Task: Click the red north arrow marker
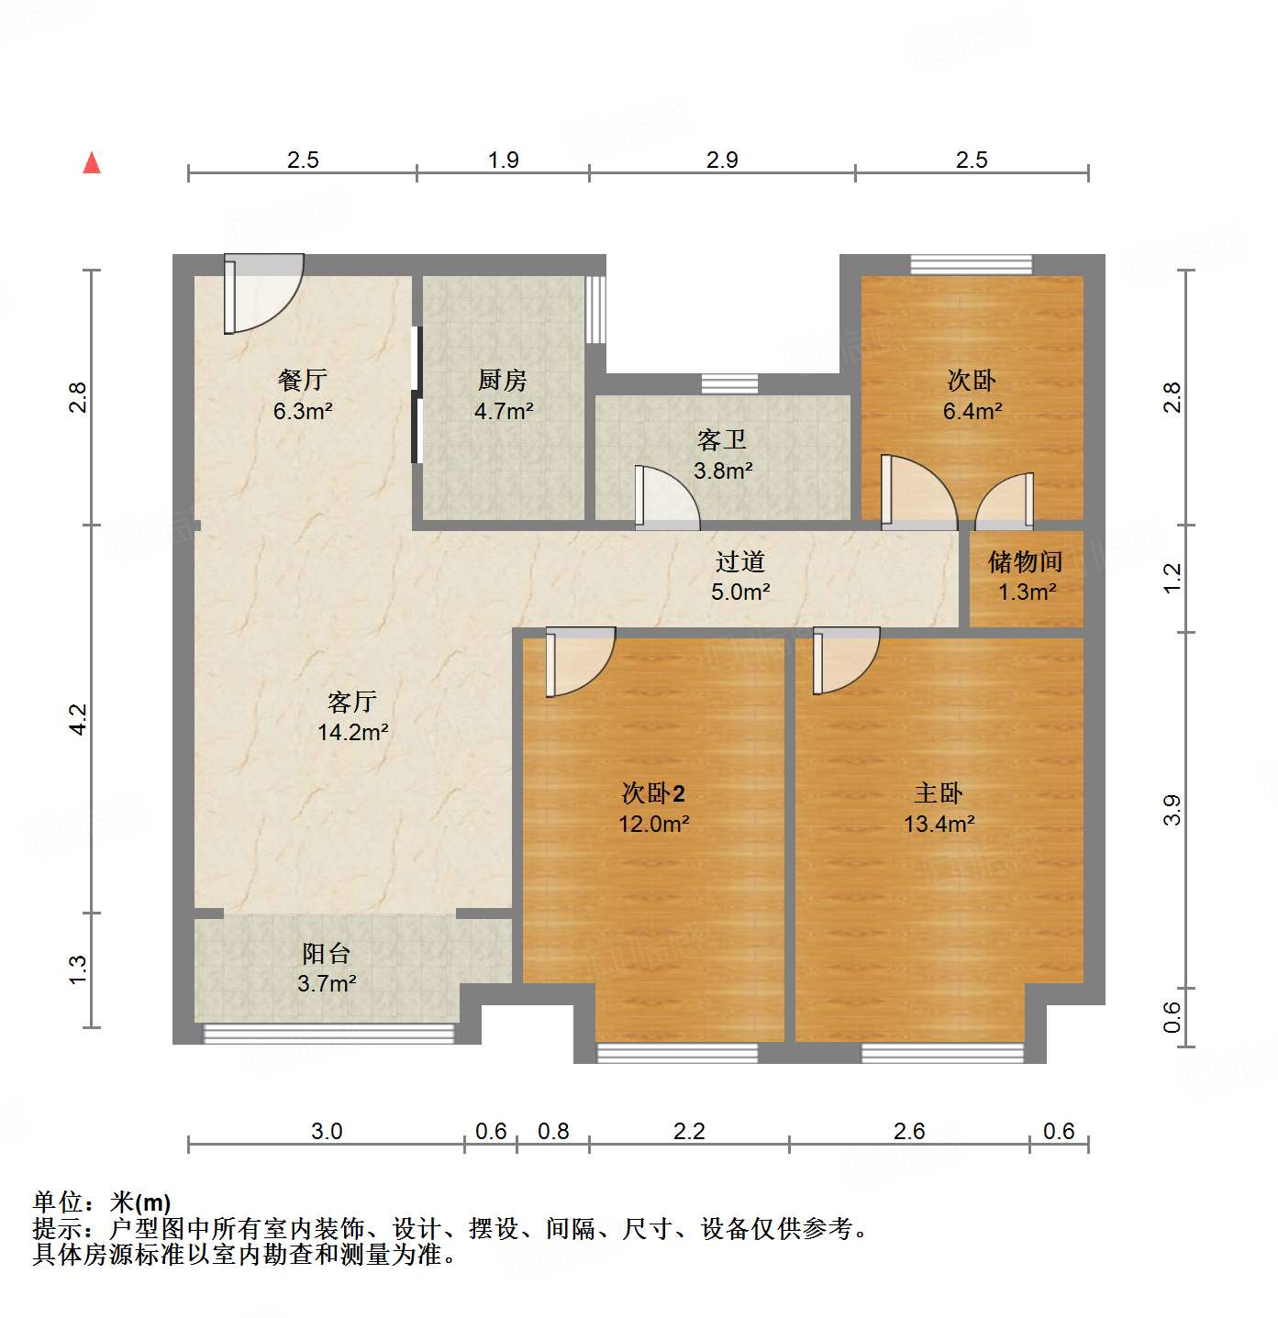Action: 92,163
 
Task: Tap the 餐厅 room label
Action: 302,379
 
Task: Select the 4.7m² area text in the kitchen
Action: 504,411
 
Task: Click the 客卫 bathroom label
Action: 722,440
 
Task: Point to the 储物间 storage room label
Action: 1026,561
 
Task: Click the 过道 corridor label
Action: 739,561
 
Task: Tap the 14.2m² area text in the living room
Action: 353,732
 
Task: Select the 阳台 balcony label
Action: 327,954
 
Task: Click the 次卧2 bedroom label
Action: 653,793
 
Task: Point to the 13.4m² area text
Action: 939,824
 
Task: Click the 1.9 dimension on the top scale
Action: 503,161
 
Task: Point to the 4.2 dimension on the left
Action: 78,718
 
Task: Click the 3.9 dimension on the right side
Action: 1172,810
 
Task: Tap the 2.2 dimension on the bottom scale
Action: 689,1131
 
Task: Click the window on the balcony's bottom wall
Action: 328,1034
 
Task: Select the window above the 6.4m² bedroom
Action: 971,264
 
